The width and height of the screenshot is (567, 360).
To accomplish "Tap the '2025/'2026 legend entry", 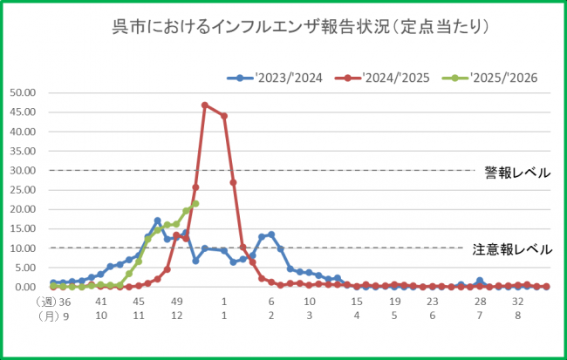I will (x=495, y=78).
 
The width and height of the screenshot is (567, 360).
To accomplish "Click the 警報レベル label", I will (x=517, y=173).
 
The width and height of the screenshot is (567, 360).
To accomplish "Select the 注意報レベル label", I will (x=512, y=249).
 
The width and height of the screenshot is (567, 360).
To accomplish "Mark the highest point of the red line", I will (x=205, y=105).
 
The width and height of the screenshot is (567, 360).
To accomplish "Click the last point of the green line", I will (x=195, y=204).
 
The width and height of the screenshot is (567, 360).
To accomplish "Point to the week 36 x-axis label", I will (x=64, y=302).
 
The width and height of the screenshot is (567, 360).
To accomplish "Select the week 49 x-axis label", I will (x=177, y=302).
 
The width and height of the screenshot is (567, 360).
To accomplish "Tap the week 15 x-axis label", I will (x=357, y=302).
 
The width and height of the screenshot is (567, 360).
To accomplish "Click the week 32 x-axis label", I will (x=518, y=302).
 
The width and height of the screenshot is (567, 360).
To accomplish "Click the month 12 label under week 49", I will (x=177, y=316).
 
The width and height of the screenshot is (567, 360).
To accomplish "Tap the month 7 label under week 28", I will (x=480, y=316).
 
